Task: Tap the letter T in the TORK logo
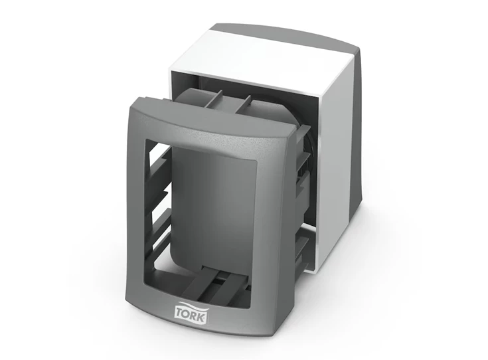(180, 312)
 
